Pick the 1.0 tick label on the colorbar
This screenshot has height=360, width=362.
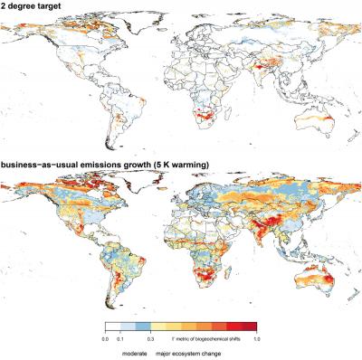click(257, 337)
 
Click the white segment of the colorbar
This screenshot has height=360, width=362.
click(115, 327)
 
